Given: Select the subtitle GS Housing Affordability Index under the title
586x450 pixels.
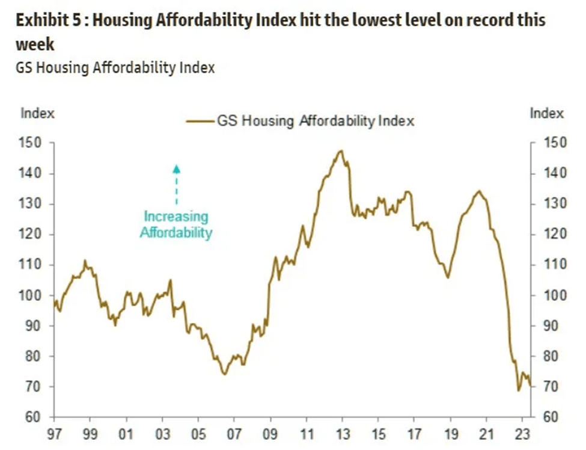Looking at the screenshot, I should pyautogui.click(x=115, y=67).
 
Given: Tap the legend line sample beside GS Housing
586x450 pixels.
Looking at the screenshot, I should pyautogui.click(x=201, y=121).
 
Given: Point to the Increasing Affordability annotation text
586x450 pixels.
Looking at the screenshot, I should pyautogui.click(x=176, y=224).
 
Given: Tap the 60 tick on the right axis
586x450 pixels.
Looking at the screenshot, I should pyautogui.click(x=553, y=417).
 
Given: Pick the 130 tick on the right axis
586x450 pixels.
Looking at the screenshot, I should pyautogui.click(x=553, y=204).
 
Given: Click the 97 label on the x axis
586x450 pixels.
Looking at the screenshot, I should pyautogui.click(x=54, y=433).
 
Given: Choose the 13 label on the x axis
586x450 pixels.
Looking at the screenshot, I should pyautogui.click(x=343, y=433).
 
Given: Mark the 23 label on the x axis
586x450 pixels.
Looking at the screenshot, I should pyautogui.click(x=523, y=433).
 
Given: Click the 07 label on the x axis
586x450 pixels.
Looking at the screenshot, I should pyautogui.click(x=234, y=433).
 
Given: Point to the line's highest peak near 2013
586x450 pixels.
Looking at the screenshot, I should pyautogui.click(x=341, y=151).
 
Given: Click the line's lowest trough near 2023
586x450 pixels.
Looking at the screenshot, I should pyautogui.click(x=519, y=390).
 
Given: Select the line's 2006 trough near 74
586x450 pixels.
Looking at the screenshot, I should pyautogui.click(x=224, y=374).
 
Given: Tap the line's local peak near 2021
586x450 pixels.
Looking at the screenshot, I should pyautogui.click(x=478, y=191).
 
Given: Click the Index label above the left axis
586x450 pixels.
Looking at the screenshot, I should pyautogui.click(x=37, y=113).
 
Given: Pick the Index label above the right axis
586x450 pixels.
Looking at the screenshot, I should pyautogui.click(x=546, y=113).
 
